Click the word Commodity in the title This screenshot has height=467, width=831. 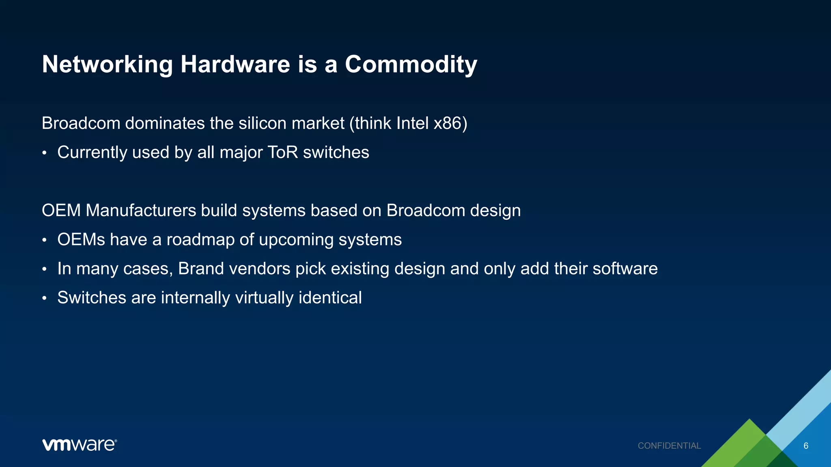pyautogui.click(x=411, y=65)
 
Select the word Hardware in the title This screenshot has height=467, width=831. pyautogui.click(x=235, y=65)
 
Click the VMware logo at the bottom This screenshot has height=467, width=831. pyautogui.click(x=80, y=445)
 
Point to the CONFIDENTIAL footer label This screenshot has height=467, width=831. pyautogui.click(x=669, y=446)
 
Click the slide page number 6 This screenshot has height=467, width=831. pyautogui.click(x=806, y=446)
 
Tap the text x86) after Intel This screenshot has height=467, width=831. pyautogui.click(x=450, y=123)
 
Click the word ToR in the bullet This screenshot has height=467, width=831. pyautogui.click(x=283, y=152)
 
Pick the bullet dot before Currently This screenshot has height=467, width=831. pyautogui.click(x=45, y=154)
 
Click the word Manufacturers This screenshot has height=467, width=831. pyautogui.click(x=141, y=210)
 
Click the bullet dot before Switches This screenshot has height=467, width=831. pyautogui.click(x=45, y=299)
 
